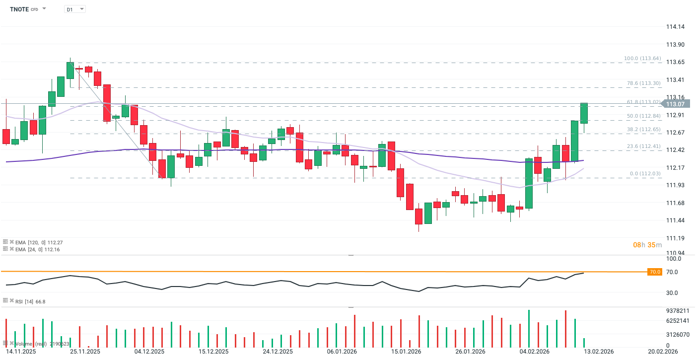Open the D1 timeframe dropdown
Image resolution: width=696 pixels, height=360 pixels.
(74, 9)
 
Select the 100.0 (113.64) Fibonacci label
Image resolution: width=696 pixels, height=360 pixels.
(642, 59)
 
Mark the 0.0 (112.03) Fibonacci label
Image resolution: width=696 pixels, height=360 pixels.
(645, 173)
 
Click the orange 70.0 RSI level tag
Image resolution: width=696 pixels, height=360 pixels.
(655, 272)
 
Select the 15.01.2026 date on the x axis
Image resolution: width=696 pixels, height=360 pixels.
(406, 352)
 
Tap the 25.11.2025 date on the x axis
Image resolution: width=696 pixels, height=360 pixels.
(85, 352)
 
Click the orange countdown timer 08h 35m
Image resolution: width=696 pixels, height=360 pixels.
(647, 245)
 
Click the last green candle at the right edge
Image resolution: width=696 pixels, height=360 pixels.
(584, 113)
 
